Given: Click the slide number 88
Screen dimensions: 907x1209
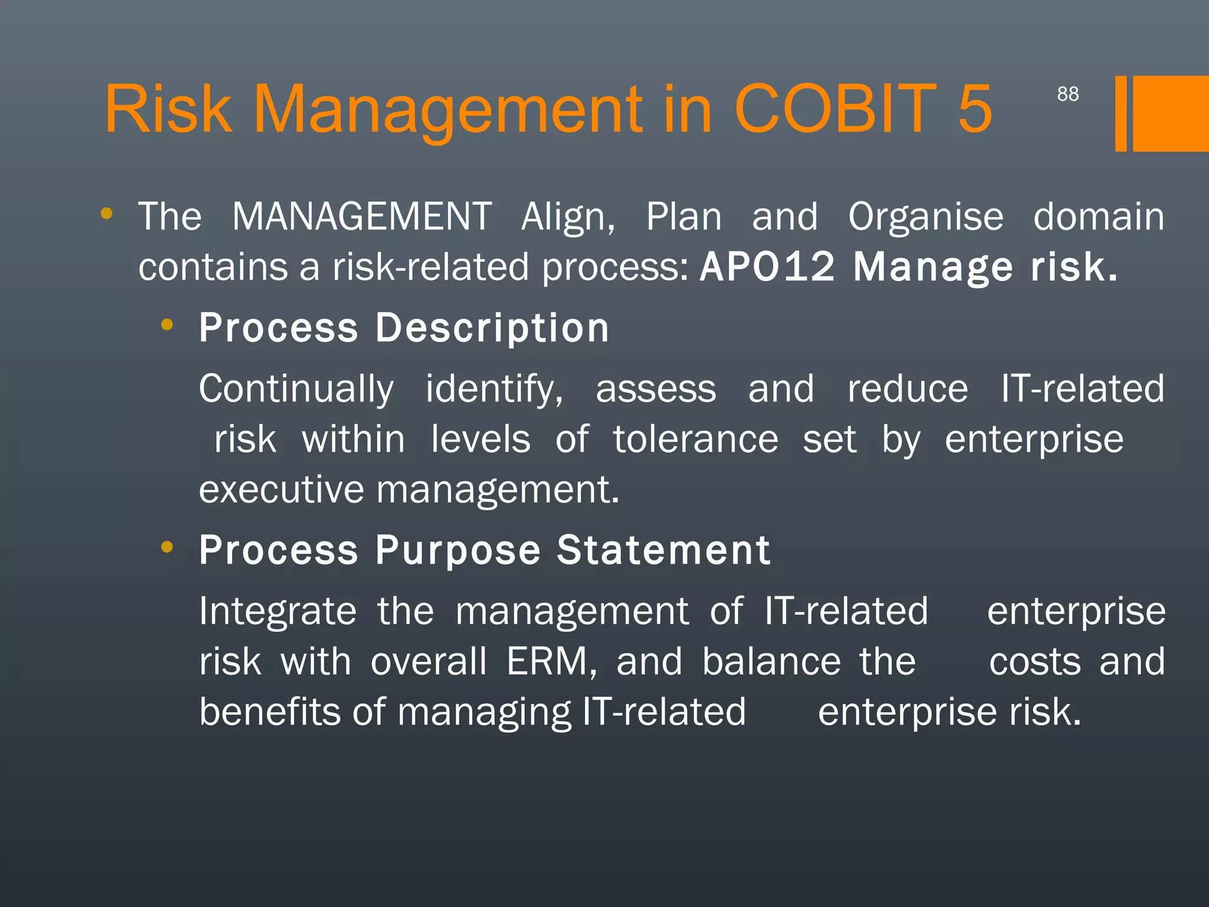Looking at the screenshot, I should (x=1067, y=94).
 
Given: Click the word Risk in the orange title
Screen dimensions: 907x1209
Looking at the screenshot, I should (x=168, y=109).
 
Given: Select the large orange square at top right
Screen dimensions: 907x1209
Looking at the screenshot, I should (x=1171, y=113).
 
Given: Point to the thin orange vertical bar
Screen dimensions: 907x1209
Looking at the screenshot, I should (x=1120, y=113).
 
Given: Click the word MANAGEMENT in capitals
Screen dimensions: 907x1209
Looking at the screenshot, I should (x=361, y=216).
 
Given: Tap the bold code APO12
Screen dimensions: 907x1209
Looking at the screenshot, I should (x=767, y=267).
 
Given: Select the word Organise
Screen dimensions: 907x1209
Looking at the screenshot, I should (x=925, y=216).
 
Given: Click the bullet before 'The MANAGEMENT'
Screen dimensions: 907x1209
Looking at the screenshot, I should (x=106, y=213).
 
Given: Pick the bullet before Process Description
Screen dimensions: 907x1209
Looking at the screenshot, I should (x=167, y=324).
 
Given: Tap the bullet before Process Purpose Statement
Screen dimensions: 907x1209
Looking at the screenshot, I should (x=167, y=547).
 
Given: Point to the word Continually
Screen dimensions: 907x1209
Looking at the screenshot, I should (x=296, y=389).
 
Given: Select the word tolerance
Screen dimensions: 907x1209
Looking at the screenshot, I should (x=695, y=439).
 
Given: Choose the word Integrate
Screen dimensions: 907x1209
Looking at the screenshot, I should (x=277, y=611).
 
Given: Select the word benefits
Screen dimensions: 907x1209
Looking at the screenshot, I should (x=270, y=712).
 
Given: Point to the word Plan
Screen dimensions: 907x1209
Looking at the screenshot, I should (x=684, y=216).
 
